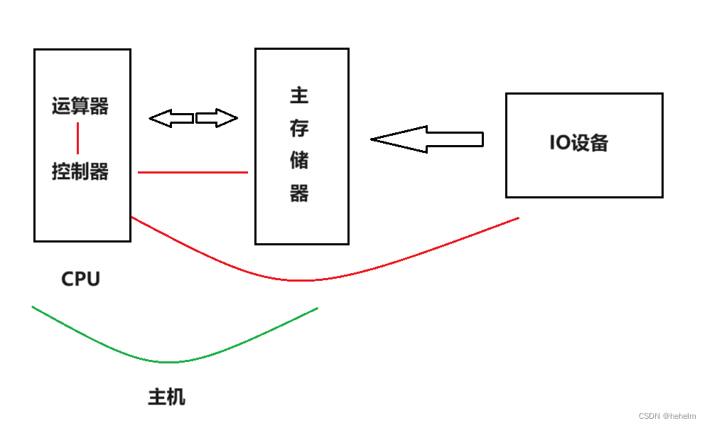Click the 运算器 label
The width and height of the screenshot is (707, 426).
point(80,107)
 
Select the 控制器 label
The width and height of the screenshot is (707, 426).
point(80,171)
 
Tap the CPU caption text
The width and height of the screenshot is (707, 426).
point(81,279)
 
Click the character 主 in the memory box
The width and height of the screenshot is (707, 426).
point(299,95)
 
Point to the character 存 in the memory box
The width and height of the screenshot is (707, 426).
point(299,129)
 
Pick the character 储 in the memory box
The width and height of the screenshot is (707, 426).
point(299,161)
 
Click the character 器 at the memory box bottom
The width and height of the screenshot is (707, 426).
point(299,193)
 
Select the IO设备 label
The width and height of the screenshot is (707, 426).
point(578,142)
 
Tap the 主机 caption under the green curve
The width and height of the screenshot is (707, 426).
point(166,396)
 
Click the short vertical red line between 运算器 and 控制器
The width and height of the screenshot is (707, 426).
point(77,139)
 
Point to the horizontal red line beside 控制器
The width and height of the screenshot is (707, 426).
point(193,172)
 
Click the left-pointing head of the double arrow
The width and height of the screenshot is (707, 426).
point(161,118)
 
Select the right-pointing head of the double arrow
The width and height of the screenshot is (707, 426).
point(226,118)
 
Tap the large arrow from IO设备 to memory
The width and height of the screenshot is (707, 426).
point(426,139)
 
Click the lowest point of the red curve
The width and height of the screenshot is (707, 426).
point(302,280)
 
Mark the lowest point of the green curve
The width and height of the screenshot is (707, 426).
point(168,362)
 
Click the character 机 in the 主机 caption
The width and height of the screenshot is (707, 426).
point(176,396)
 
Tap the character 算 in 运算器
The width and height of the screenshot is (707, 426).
point(80,107)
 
